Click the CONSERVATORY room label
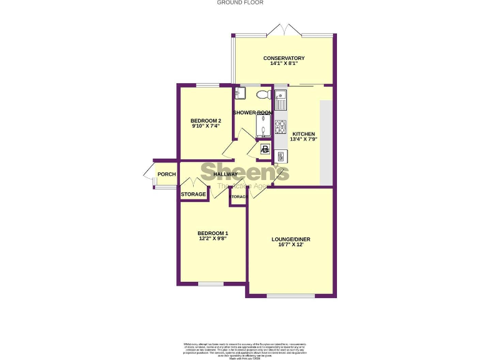[283, 58]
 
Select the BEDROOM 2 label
[206, 121]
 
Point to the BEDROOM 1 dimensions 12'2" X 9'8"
[212, 238]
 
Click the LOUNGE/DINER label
[291, 239]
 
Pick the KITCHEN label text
[304, 134]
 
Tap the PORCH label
[166, 174]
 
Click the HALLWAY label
[225, 174]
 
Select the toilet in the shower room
[263, 94]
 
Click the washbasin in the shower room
[241, 94]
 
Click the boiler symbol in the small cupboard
[264, 150]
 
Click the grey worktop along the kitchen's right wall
[326, 142]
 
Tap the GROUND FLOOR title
[240, 2]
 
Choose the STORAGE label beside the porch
[193, 195]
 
